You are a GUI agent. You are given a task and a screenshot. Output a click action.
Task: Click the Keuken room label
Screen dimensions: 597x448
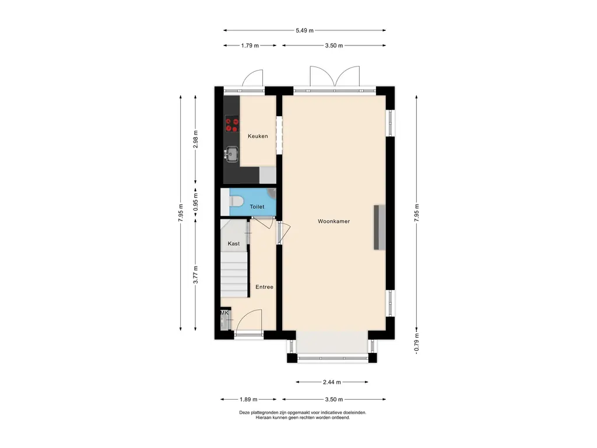[258, 136]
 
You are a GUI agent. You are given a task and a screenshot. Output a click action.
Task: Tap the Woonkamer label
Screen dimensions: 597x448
[333, 221]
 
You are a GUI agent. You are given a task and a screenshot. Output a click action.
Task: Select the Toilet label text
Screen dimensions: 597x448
[257, 206]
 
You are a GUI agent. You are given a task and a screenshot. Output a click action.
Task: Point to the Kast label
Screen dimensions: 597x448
[233, 243]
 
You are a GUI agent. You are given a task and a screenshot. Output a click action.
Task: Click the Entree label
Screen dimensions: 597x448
[264, 287]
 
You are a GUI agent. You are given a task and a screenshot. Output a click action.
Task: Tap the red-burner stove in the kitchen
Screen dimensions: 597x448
[232, 124]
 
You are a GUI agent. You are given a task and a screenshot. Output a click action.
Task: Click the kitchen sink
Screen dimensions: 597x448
[231, 154]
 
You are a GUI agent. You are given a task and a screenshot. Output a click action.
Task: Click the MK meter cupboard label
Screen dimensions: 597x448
[224, 313]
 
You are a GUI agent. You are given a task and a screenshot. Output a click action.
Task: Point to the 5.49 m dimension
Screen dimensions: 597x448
[304, 30]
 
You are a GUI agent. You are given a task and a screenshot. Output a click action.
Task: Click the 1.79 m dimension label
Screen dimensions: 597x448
[250, 45]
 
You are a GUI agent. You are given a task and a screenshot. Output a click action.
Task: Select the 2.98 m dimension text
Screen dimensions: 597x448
[196, 139]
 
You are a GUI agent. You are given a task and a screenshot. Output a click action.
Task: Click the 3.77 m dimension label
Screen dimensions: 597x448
[196, 275]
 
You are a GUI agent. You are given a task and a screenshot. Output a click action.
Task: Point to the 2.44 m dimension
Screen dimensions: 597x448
[332, 382]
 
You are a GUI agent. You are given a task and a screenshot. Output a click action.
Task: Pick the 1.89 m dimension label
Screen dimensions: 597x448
[248, 400]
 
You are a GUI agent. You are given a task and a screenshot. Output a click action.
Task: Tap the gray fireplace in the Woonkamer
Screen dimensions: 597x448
[379, 228]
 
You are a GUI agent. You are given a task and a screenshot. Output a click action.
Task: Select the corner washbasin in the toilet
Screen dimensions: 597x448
[272, 193]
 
